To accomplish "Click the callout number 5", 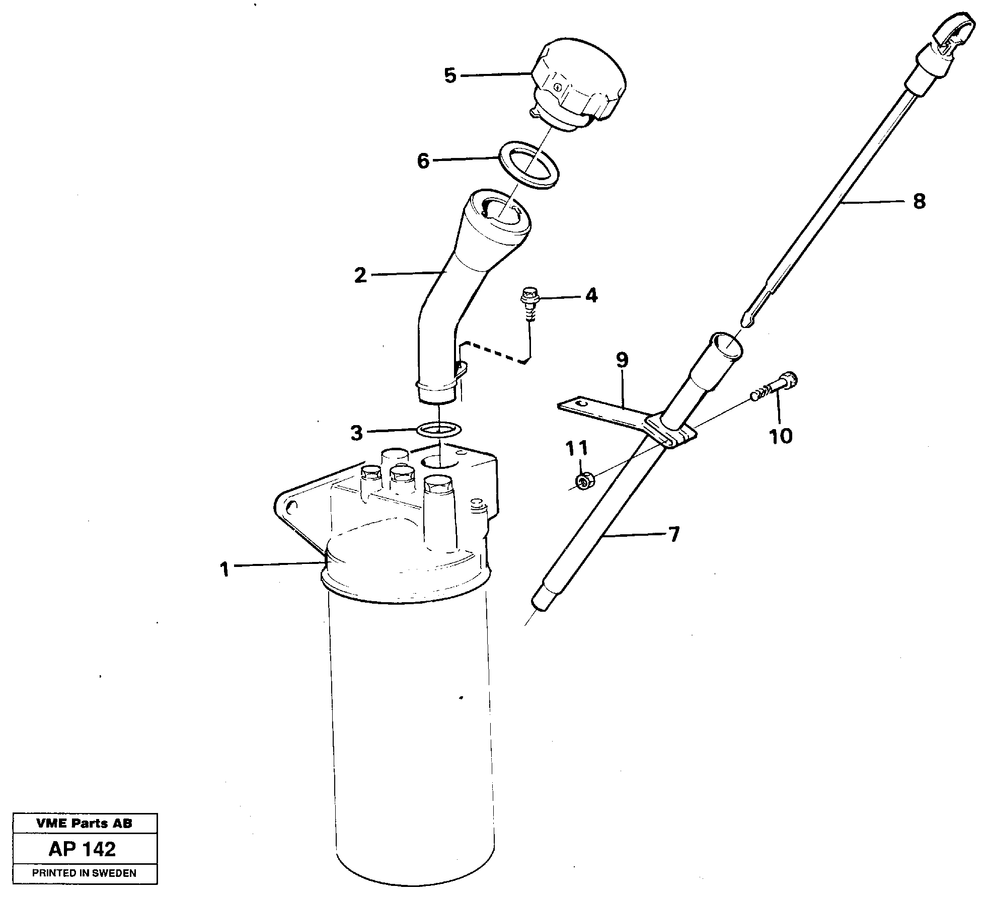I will tap(450, 76).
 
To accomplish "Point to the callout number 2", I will tap(360, 275).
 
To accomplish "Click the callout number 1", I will tap(224, 569).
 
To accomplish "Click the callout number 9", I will tap(622, 360).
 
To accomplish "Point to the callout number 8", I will tap(919, 202).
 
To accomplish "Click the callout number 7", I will tap(673, 534).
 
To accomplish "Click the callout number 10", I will tap(781, 436).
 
